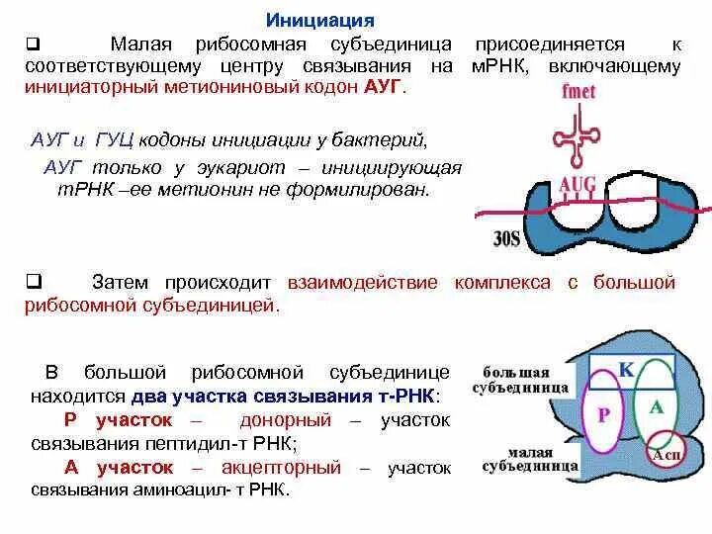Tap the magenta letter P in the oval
click(603, 415)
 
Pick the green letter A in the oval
click(656, 406)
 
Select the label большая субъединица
click(524, 380)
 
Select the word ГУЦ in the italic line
click(113, 139)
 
